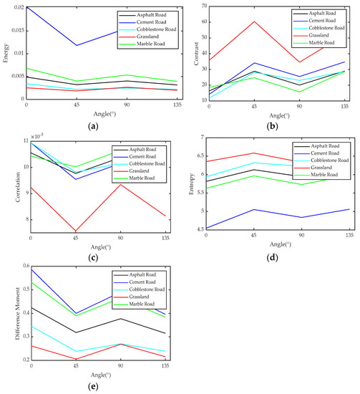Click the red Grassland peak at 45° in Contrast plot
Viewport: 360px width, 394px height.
click(253, 21)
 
